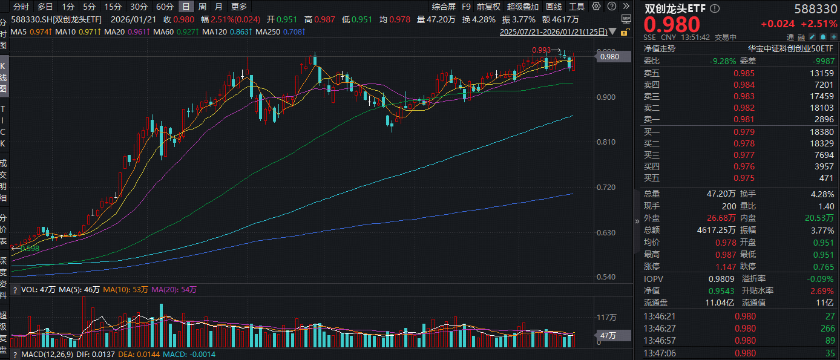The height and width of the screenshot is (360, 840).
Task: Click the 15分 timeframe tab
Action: pos(113,7)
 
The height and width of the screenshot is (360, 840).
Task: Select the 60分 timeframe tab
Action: pos(165,7)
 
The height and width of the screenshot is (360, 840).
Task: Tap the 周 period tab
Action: pos(202,7)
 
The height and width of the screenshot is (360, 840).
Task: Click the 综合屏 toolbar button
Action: pos(444,7)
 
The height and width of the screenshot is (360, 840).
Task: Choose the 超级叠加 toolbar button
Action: pos(523,7)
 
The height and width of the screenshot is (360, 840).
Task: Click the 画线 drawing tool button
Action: pos(554,7)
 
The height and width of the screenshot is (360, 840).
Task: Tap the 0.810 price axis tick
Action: pos(607,142)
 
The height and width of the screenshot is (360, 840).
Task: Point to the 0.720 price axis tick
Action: pos(607,188)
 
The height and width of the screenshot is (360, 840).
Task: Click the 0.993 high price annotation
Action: pos(541,50)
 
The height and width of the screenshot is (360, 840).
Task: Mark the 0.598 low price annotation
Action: pos(30,248)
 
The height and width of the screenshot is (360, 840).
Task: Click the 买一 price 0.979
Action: pos(744,131)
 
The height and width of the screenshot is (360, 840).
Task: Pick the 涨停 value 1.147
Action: pos(744,267)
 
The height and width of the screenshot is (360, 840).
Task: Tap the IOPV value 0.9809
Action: pos(722,279)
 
